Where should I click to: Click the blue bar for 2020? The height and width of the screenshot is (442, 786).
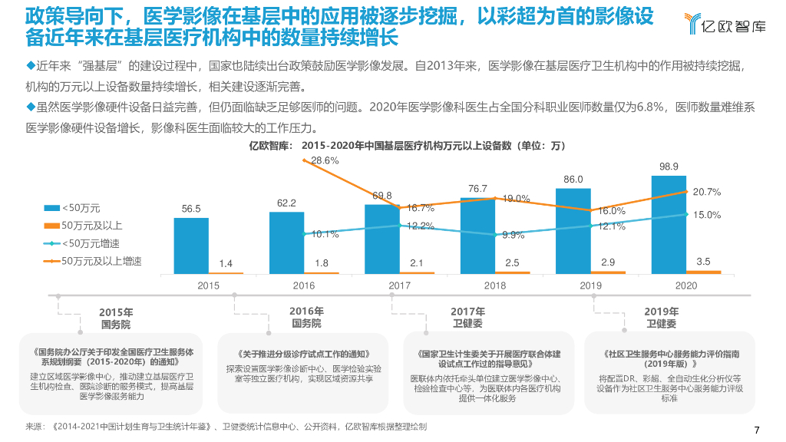[669, 224]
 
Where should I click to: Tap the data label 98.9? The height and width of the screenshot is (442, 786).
[669, 167]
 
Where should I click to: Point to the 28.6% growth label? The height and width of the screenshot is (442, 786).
[325, 160]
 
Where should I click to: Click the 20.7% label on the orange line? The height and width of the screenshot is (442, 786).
[707, 192]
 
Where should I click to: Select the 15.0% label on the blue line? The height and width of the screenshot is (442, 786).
[707, 215]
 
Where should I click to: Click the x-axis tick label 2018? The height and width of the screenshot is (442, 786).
[495, 285]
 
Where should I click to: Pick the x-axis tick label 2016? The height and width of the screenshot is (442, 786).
[304, 285]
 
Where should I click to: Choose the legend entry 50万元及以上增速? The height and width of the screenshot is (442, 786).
[101, 261]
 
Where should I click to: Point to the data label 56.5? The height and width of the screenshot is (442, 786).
[191, 209]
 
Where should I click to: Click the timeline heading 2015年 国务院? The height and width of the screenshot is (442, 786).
[116, 318]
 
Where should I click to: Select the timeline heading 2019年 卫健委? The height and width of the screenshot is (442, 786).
[662, 318]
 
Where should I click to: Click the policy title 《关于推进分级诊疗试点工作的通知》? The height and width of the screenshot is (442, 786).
[305, 355]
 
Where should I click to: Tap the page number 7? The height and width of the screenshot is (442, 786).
[757, 429]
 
